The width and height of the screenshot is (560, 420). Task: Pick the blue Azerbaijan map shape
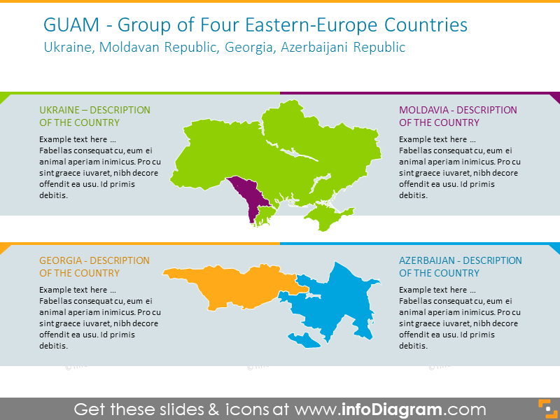336,301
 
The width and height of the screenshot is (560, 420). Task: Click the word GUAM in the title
66,26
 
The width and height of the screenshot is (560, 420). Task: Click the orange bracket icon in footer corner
545,408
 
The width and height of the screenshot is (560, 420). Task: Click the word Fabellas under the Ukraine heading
57,150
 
